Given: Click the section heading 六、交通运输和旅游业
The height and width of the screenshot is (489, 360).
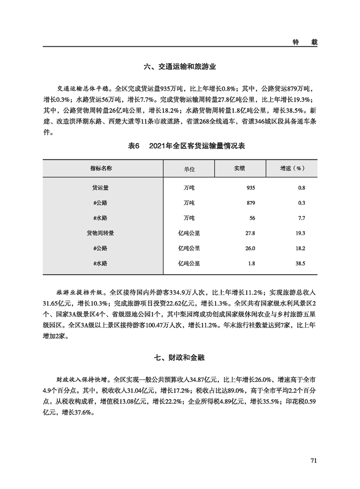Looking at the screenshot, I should tap(180, 67).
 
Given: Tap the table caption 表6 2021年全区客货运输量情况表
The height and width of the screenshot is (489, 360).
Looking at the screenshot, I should tap(180, 146).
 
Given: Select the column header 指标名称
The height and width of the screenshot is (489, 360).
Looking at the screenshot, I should tap(103, 168).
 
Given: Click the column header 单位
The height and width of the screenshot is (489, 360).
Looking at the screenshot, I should tap(189, 168).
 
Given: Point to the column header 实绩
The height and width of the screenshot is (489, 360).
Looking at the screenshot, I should tap(239, 168).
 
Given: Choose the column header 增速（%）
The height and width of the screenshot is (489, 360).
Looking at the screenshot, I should tap(291, 168).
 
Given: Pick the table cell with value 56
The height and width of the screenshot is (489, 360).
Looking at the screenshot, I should tap(252, 218).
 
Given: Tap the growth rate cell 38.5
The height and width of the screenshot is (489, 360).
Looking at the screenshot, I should tap(300, 263).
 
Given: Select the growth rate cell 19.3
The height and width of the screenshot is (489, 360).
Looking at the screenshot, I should tap(300, 233).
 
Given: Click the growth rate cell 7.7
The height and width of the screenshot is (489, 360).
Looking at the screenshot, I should tap(301, 218).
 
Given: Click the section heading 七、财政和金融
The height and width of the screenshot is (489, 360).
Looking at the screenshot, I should tap(180, 358).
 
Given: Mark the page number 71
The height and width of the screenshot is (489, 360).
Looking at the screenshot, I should tap(313, 461).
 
